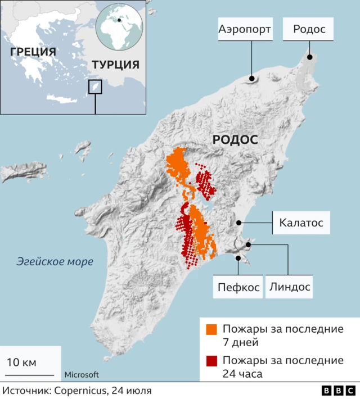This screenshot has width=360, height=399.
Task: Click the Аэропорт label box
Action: pos(245,29)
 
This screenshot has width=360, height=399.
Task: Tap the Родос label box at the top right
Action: pos(309,29)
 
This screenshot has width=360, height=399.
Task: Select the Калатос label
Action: pos(301,223)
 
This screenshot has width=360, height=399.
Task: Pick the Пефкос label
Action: pos(238,287)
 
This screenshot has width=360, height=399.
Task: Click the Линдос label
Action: pos(289,287)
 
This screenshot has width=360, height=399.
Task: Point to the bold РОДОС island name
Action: pos(235,140)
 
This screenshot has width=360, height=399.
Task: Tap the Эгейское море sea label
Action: pos(55,261)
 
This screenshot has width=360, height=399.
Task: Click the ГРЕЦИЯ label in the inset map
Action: pos(33,52)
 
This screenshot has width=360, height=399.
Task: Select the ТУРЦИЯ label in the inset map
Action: pos(115,65)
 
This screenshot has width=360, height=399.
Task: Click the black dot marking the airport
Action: pos(252,79)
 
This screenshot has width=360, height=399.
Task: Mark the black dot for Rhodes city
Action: pos(309,57)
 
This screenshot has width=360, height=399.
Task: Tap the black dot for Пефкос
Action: pos(238,259)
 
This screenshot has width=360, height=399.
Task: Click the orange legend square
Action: pos(211,329)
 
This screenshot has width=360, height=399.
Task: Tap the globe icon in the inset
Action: pos(119,24)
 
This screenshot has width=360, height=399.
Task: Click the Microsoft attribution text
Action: pos(82,375)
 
